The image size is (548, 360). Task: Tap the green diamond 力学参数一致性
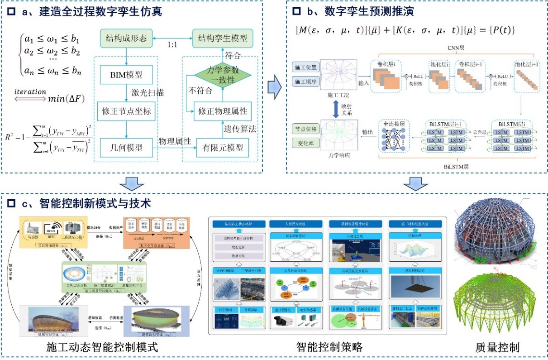click(222, 76)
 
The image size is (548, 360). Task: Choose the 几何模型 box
click(127, 147)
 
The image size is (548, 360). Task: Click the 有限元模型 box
click(222, 147)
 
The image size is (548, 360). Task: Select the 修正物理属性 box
click(222, 111)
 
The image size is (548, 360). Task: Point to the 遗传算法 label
click(240, 130)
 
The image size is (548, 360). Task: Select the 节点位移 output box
click(306, 129)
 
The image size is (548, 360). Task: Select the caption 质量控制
click(497, 348)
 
